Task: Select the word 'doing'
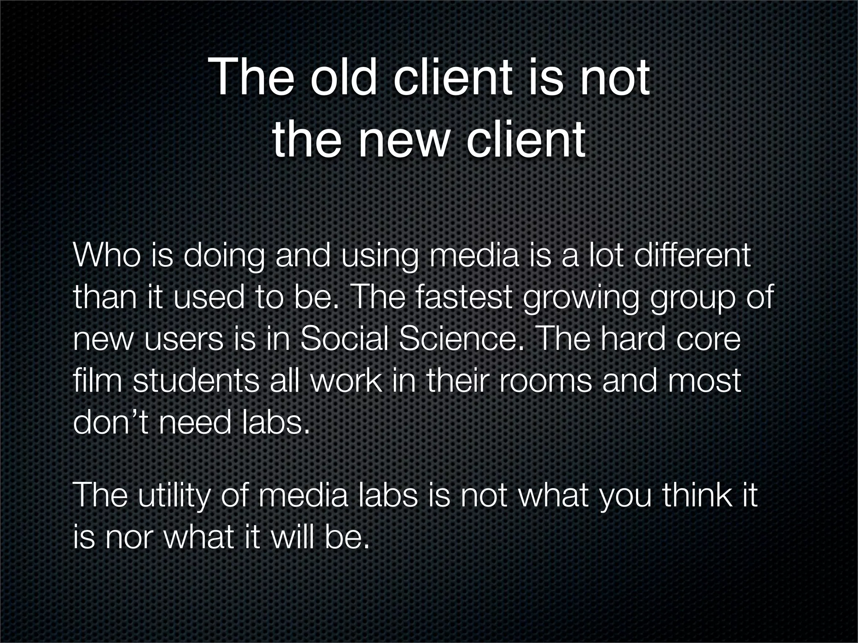click(x=223, y=256)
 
